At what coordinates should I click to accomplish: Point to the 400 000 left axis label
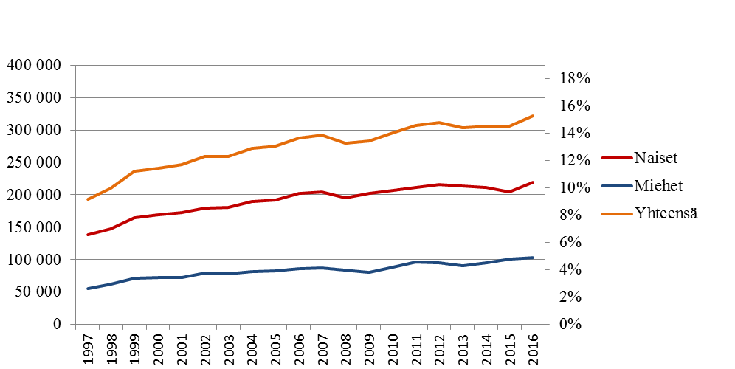[x=34, y=65]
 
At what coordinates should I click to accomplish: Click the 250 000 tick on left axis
[x=34, y=162]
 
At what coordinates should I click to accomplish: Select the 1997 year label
[x=88, y=347]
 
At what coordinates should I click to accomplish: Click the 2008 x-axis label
[x=345, y=347]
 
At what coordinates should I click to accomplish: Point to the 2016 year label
[x=533, y=347]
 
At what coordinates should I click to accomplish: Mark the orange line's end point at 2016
[x=533, y=116]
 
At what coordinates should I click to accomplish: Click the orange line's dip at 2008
[x=345, y=143]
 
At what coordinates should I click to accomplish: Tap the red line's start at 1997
[x=88, y=235]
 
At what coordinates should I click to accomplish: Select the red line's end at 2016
[x=533, y=182]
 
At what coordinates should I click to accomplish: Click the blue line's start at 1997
[x=88, y=289]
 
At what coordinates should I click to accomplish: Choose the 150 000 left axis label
[x=34, y=227]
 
